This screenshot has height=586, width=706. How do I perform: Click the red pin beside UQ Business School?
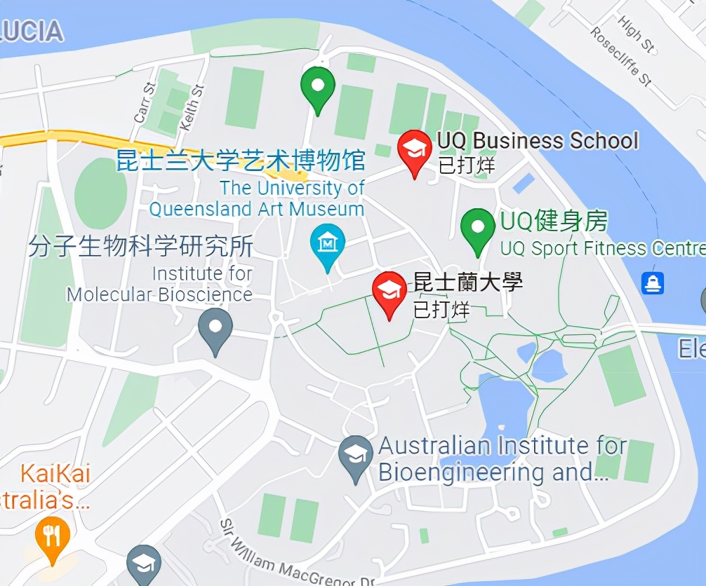[x=414, y=150]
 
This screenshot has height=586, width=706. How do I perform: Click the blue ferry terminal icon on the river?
[x=653, y=283]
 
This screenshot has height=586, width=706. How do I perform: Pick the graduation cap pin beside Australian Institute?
[x=356, y=456]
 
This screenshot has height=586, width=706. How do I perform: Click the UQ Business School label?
[x=538, y=140]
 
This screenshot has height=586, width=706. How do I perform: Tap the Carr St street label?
[x=145, y=103]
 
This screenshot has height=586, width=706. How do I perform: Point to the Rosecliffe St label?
[x=621, y=56]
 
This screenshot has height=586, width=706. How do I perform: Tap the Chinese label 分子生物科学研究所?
[x=140, y=247]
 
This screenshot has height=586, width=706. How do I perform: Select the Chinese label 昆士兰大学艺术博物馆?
[x=241, y=161]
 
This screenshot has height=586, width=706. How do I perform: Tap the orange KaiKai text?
[x=55, y=474]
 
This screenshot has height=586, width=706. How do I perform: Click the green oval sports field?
[x=100, y=192]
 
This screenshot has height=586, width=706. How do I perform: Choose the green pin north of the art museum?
[x=317, y=87]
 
